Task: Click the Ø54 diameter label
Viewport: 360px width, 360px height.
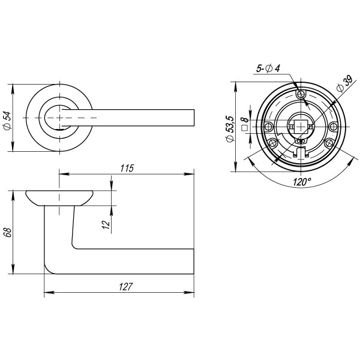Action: click(x=6, y=120)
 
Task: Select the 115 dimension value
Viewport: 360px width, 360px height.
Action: click(x=125, y=168)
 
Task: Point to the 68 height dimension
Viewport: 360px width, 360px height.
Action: click(x=7, y=232)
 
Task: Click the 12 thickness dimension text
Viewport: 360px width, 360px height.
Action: click(x=106, y=224)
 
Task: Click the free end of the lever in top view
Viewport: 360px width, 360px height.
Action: click(x=193, y=118)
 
